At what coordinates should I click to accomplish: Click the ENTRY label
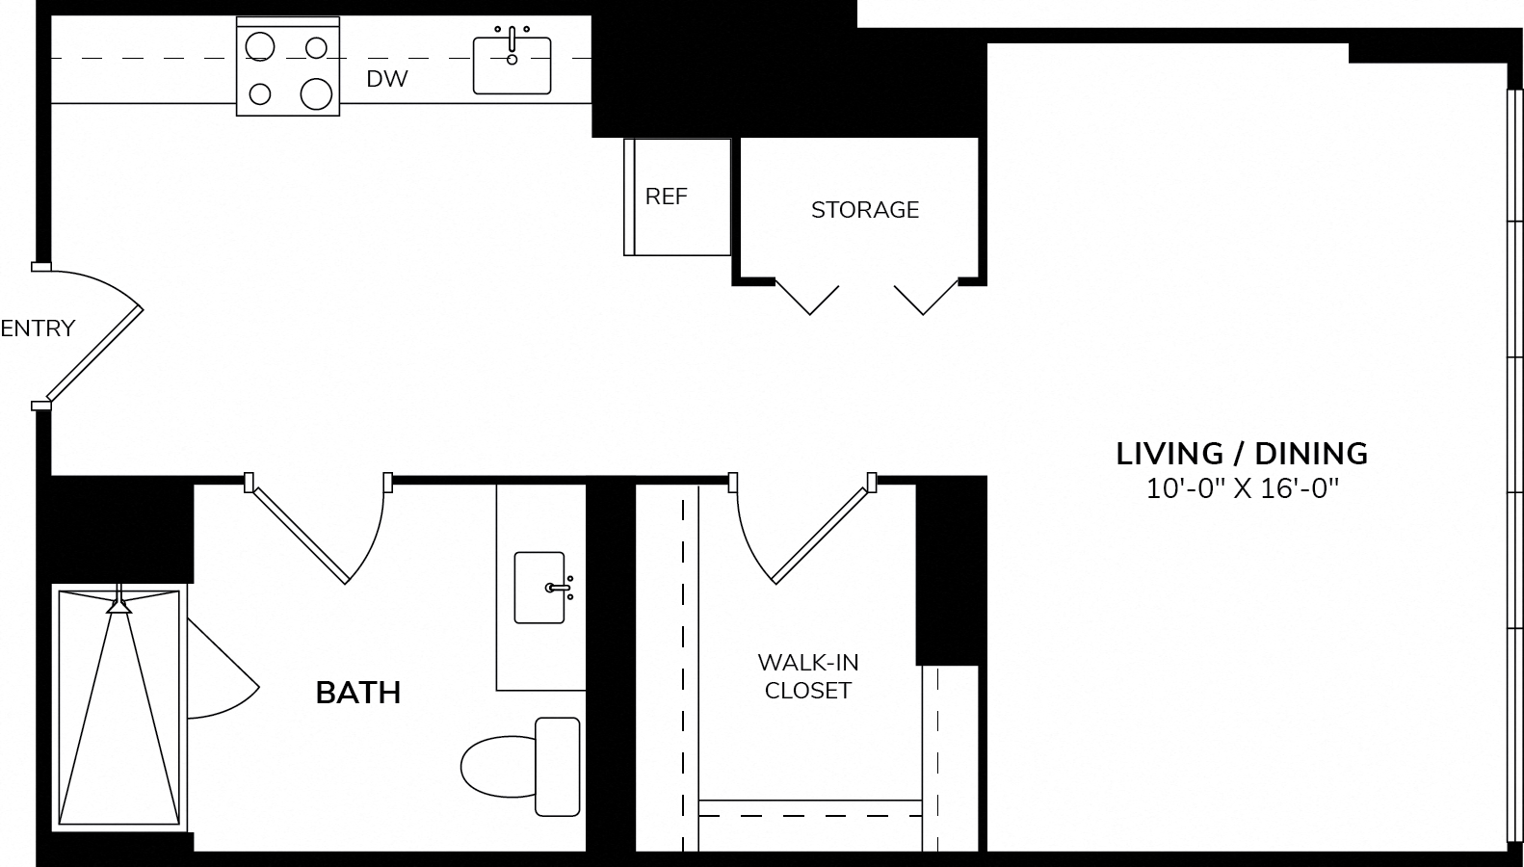pyautogui.click(x=38, y=328)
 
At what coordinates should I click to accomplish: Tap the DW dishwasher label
pyautogui.click(x=387, y=79)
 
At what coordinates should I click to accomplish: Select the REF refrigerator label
pyautogui.click(x=666, y=197)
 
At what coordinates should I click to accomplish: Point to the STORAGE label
pyautogui.click(x=865, y=210)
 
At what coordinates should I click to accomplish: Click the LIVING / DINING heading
pyautogui.click(x=1242, y=454)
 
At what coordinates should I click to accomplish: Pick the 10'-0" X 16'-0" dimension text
pyautogui.click(x=1243, y=488)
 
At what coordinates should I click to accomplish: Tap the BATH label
pyautogui.click(x=357, y=693)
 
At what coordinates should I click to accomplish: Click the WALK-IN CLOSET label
pyautogui.click(x=808, y=676)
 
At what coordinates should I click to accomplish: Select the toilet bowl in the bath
pyautogui.click(x=498, y=766)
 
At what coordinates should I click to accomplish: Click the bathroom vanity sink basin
pyautogui.click(x=539, y=588)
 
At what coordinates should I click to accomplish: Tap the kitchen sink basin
pyautogui.click(x=512, y=66)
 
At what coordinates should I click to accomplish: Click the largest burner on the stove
pyautogui.click(x=316, y=93)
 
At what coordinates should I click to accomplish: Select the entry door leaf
pyautogui.click(x=94, y=354)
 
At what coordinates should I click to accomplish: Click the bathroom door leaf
pyautogui.click(x=300, y=536)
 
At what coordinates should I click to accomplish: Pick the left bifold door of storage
pyautogui.click(x=807, y=298)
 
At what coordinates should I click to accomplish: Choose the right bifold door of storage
pyautogui.click(x=926, y=298)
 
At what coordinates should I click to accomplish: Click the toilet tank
pyautogui.click(x=557, y=766)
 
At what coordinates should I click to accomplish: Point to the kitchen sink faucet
pyautogui.click(x=512, y=45)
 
